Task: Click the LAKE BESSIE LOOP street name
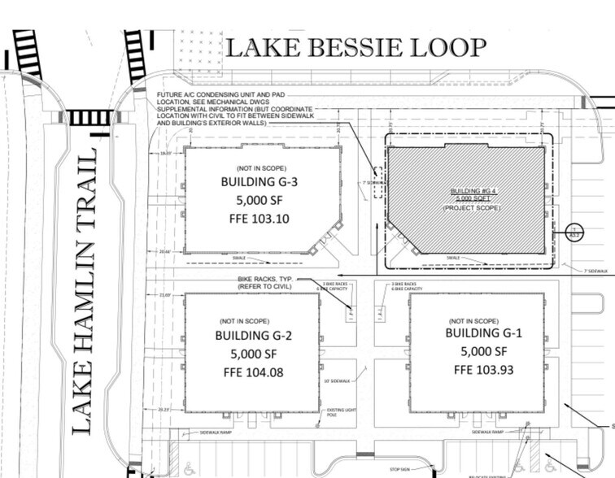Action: (355, 47)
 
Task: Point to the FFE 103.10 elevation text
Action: (260, 219)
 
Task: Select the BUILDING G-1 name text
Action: (483, 333)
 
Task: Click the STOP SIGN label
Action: (398, 469)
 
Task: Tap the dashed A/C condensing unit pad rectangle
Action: (376, 172)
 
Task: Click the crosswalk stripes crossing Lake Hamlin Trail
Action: (89, 118)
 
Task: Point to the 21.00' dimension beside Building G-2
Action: (166, 295)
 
